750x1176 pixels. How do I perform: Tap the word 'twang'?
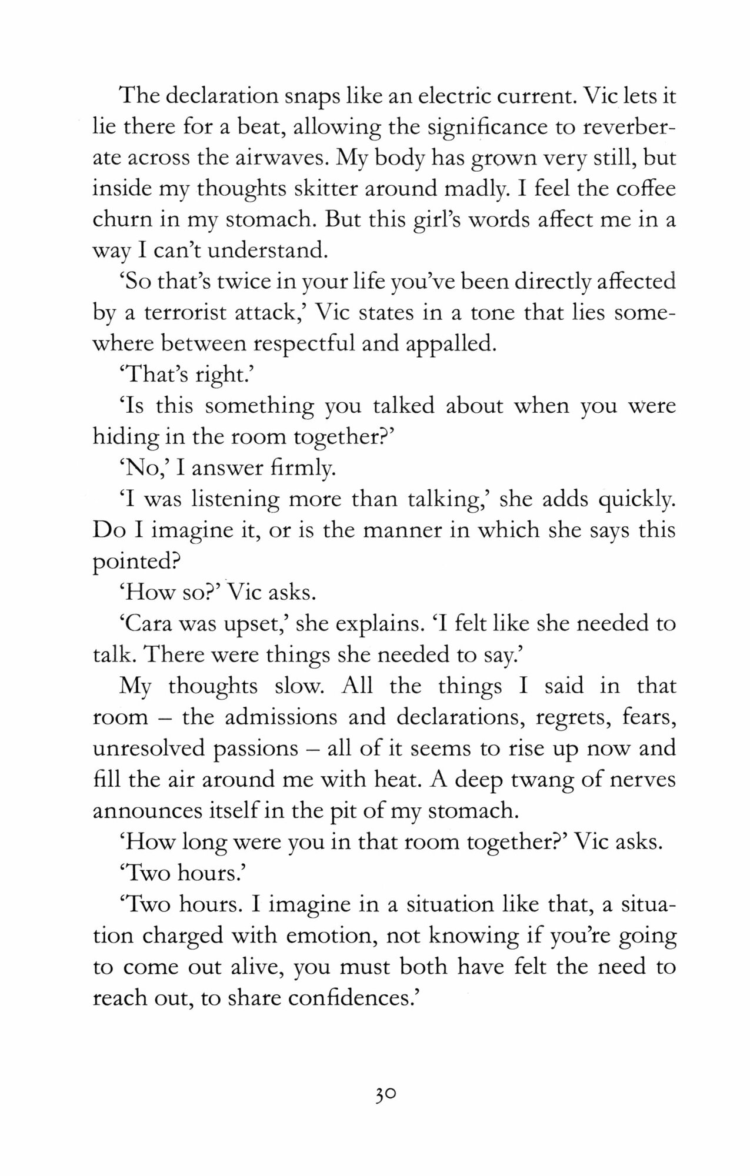(525, 780)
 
